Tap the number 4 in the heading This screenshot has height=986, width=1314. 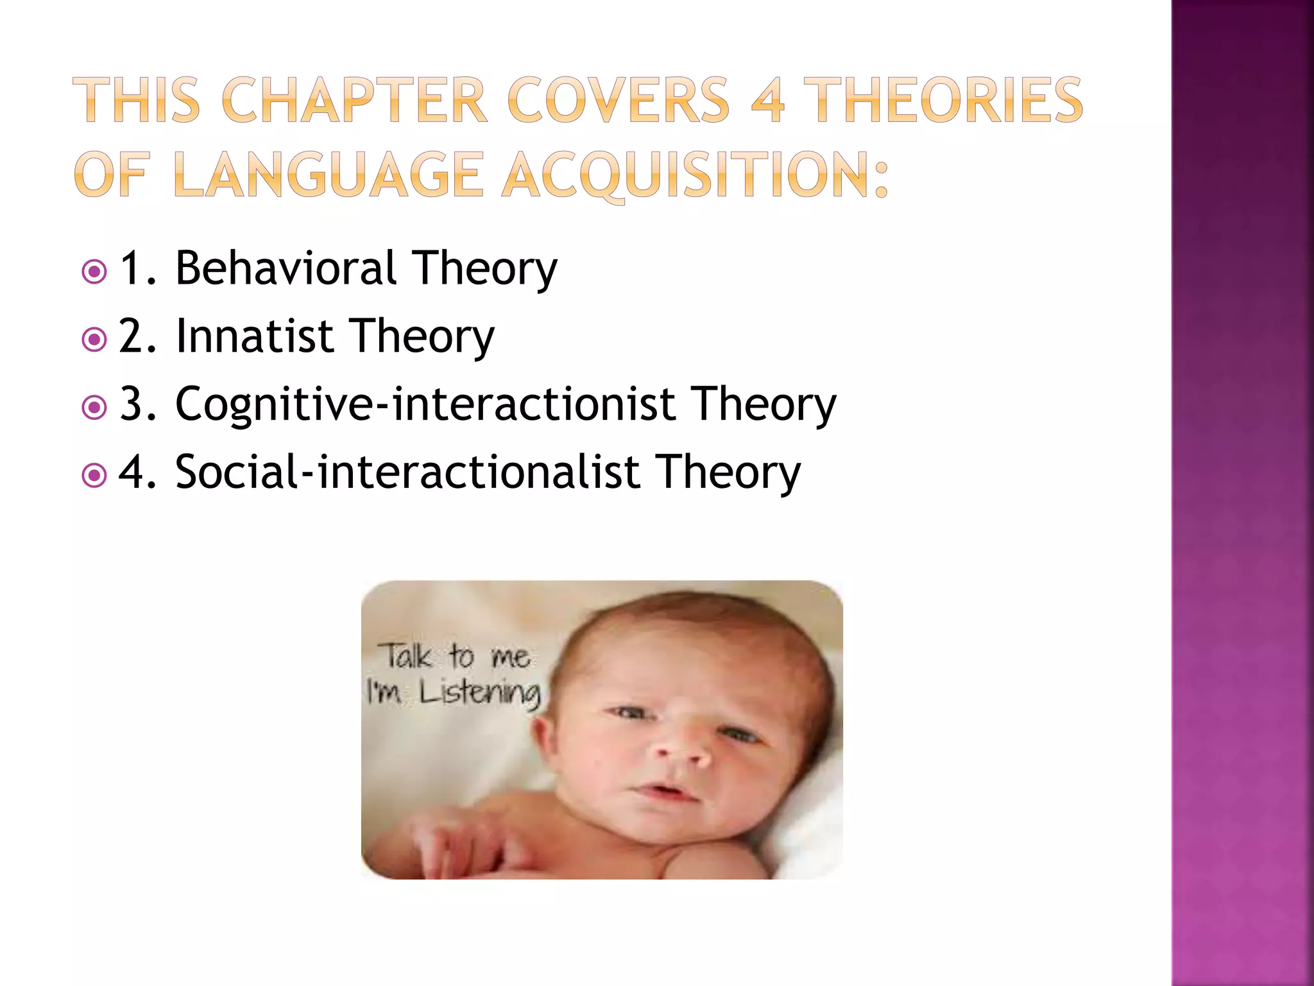click(767, 100)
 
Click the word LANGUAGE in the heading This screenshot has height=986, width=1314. click(328, 175)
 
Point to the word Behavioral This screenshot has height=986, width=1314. click(286, 268)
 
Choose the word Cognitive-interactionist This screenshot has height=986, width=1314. click(425, 404)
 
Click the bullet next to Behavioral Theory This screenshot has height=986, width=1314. click(95, 272)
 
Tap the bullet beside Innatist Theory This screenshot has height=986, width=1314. click(95, 340)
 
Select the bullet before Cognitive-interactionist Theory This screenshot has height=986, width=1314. click(95, 408)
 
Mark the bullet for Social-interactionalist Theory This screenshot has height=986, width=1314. click(95, 476)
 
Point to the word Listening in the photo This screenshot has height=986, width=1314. click(479, 693)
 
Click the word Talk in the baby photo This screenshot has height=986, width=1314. click(407, 656)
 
